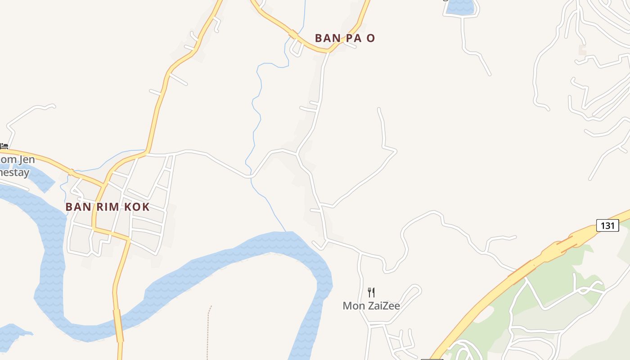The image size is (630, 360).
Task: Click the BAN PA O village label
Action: click(345, 38)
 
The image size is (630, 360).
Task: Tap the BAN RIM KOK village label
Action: click(108, 207)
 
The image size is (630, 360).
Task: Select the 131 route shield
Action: click(607, 225)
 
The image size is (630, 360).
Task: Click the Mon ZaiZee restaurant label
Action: click(371, 306)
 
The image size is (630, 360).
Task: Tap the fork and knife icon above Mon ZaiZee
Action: click(371, 292)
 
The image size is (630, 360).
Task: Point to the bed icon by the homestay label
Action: click(4, 146)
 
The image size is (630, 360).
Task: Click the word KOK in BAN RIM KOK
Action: click(137, 207)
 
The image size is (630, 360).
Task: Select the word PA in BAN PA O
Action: click(352, 38)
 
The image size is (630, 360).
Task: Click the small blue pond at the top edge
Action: click(460, 6)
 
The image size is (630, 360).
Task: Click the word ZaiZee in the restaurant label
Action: click(382, 306)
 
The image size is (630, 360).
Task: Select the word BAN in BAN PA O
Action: click(327, 38)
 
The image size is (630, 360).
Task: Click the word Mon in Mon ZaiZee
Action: click(353, 306)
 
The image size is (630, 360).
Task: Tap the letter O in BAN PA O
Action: click(370, 38)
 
